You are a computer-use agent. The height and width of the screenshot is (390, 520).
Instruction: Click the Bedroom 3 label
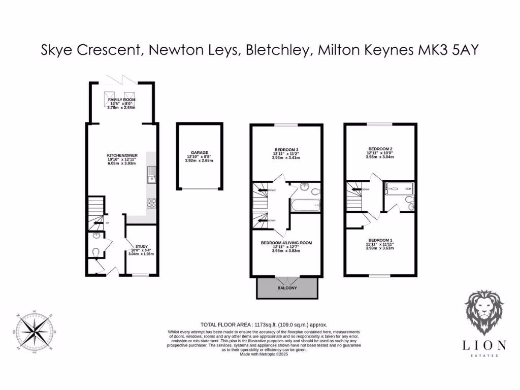point(286,149)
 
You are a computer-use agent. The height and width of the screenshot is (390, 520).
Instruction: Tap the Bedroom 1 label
point(380,240)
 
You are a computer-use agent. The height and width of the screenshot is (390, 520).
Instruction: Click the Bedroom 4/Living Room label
point(286,243)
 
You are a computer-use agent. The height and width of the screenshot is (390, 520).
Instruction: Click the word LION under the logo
point(484,345)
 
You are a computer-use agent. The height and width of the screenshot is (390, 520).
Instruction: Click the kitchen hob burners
point(151,203)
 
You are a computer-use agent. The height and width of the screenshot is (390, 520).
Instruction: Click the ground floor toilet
point(96,251)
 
